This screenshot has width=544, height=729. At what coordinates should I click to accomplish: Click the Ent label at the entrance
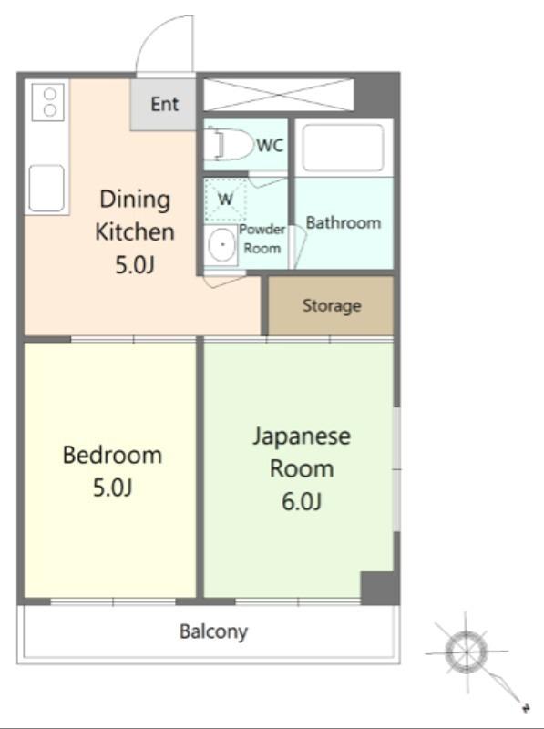165,104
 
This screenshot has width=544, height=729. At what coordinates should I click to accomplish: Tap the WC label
270,146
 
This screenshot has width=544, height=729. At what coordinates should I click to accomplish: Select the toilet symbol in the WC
229,145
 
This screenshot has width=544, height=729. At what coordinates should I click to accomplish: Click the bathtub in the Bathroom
344,148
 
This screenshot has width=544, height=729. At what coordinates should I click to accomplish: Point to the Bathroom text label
344,222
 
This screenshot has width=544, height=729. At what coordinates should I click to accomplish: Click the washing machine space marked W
225,200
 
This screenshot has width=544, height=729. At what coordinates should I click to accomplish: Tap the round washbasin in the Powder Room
222,244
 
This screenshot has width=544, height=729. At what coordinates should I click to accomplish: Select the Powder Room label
262,239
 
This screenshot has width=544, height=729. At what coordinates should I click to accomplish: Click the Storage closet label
332,305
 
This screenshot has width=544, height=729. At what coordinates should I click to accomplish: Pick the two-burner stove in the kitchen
48,102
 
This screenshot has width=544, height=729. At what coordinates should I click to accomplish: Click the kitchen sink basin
46,189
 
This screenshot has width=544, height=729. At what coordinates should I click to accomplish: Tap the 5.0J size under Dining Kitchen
134,265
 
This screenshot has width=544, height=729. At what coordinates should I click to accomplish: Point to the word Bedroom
112,455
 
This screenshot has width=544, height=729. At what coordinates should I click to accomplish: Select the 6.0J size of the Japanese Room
302,502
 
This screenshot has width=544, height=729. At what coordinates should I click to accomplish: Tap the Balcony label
213,631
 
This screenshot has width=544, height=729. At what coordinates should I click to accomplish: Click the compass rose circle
466,651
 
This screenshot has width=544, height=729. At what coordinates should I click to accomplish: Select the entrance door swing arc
156,33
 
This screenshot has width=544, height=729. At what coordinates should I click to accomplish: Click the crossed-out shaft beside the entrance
279,95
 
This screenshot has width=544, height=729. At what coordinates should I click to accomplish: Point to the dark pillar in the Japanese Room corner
378,588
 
